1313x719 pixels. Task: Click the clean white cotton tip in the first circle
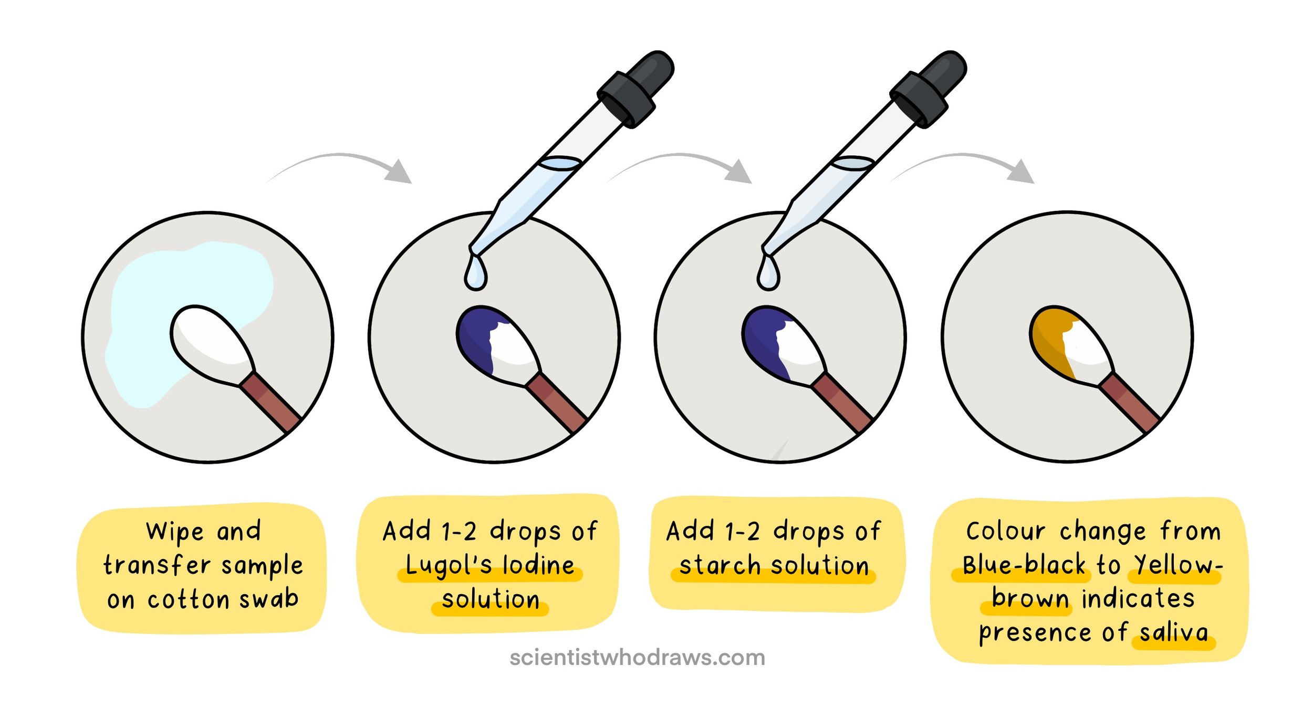click(210, 339)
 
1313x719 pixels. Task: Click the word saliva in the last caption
click(1174, 632)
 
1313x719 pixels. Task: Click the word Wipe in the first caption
click(174, 532)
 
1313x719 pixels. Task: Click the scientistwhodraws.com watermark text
click(637, 658)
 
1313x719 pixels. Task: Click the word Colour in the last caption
click(1006, 532)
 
